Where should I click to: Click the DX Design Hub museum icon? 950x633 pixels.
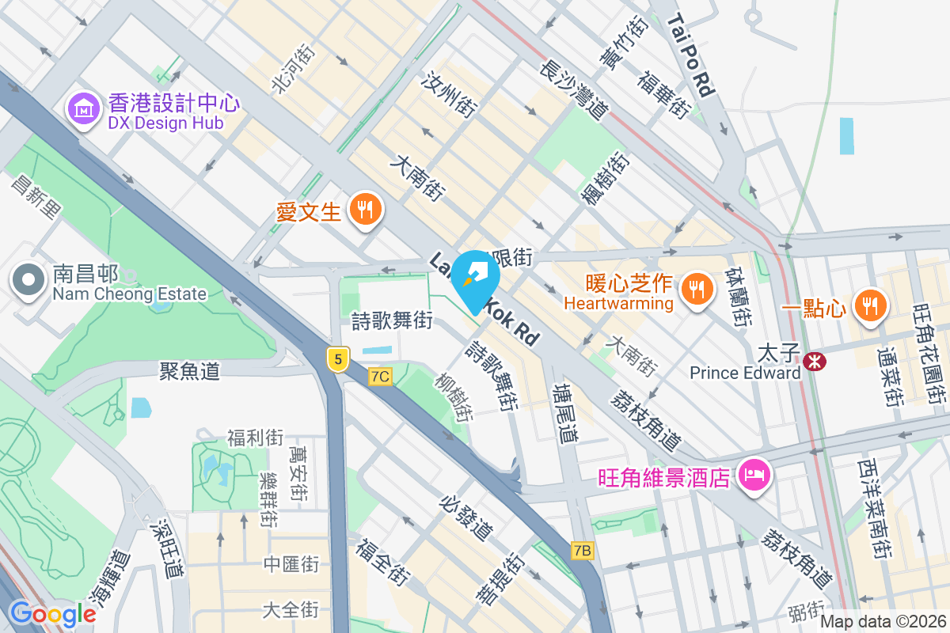pyautogui.click(x=83, y=110)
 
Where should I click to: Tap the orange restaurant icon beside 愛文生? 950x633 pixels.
pyautogui.click(x=365, y=210)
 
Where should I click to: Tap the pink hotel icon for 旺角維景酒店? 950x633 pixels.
pyautogui.click(x=753, y=476)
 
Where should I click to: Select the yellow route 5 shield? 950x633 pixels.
pyautogui.click(x=338, y=359)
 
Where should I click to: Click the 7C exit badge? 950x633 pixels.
pyautogui.click(x=380, y=377)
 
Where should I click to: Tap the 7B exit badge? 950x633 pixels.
pyautogui.click(x=582, y=549)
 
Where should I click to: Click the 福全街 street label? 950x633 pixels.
pyautogui.click(x=382, y=562)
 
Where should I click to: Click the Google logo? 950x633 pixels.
pyautogui.click(x=52, y=613)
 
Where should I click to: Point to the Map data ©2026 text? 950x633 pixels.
pyautogui.click(x=883, y=621)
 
